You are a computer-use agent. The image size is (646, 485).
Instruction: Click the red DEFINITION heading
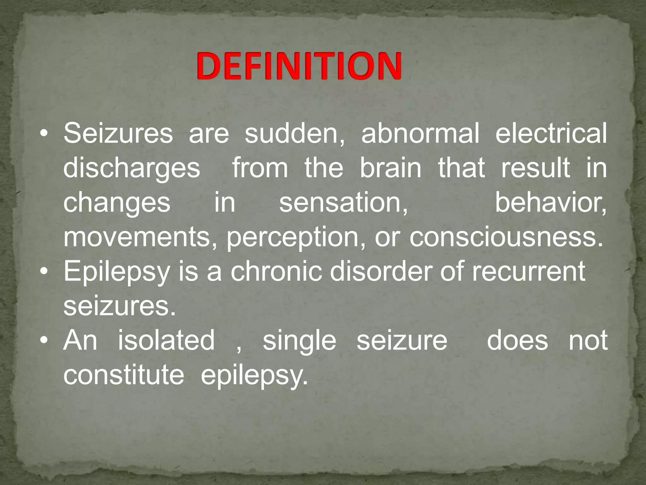click(299, 67)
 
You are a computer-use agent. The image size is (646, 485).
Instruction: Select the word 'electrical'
click(551, 134)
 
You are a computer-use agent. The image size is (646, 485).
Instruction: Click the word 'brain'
click(391, 168)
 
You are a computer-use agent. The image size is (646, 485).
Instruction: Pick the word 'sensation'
click(343, 203)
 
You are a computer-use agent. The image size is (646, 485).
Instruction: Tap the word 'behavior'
click(550, 203)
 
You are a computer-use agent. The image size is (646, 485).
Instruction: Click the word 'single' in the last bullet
click(299, 341)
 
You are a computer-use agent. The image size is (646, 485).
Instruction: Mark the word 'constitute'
click(124, 375)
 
